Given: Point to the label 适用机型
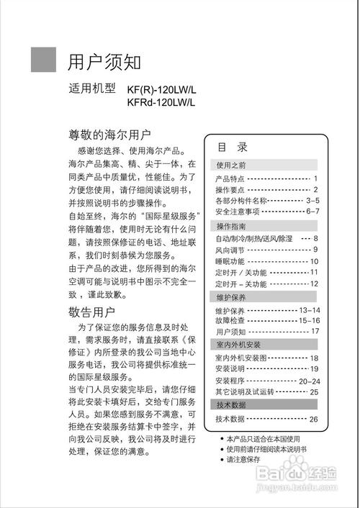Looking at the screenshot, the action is click(92, 91).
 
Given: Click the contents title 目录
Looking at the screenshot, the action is click(233, 148).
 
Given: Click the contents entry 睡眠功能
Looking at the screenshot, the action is click(231, 261).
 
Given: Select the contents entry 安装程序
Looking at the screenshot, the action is click(231, 381).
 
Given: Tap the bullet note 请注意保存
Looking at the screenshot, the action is click(246, 459).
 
